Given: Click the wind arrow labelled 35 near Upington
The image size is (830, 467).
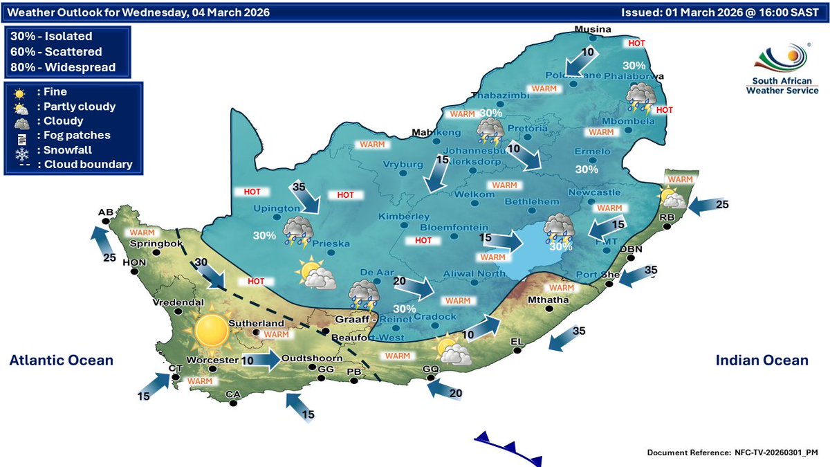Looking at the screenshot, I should [x=307, y=200].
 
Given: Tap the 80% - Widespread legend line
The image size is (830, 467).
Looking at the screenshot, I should [x=63, y=67].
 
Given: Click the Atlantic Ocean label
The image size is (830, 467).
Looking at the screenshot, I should [x=61, y=360].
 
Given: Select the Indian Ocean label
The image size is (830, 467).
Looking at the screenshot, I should [x=761, y=360].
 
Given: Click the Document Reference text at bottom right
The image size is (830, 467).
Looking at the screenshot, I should [x=732, y=452].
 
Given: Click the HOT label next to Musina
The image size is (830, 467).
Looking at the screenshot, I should [x=636, y=43].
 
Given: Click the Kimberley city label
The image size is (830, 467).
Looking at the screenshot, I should [x=399, y=217].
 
